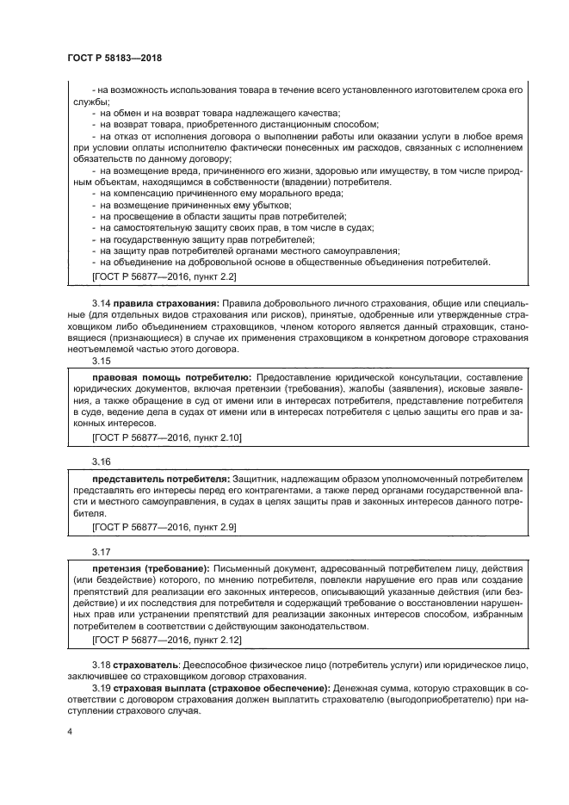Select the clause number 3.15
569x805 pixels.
tap(101, 362)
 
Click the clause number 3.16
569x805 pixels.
tap(101, 461)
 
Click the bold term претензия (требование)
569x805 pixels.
tap(150, 569)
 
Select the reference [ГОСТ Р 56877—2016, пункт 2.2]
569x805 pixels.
tap(164, 276)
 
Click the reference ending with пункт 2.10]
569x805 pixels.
tap(166, 438)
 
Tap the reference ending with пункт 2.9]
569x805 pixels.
tap(164, 525)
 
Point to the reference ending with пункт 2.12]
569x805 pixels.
tap(166, 641)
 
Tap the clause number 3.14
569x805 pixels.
tap(101, 303)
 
